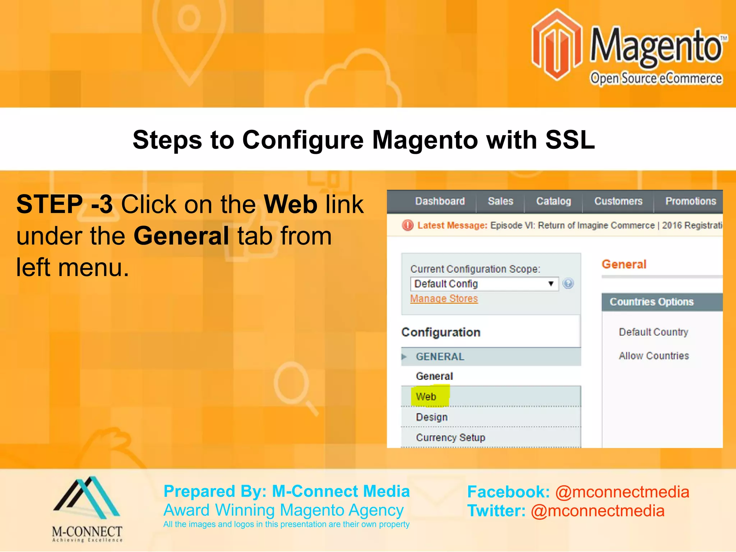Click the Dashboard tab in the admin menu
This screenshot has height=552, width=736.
click(x=440, y=201)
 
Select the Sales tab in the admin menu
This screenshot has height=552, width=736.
click(x=500, y=201)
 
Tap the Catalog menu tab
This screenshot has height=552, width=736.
click(x=553, y=201)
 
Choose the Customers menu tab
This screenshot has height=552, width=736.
click(x=618, y=201)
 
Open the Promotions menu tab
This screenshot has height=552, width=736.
click(x=690, y=201)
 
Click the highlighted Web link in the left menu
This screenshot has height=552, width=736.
click(x=426, y=397)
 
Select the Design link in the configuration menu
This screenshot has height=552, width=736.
click(x=432, y=417)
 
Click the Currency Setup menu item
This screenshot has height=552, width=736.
click(x=450, y=438)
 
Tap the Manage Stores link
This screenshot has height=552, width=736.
click(x=444, y=299)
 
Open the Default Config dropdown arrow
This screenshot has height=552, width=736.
click(x=551, y=284)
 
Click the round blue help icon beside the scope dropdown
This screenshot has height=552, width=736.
click(x=568, y=284)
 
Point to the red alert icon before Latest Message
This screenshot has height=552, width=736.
click(x=408, y=225)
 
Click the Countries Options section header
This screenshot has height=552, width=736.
click(x=651, y=302)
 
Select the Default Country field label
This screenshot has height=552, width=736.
click(x=653, y=332)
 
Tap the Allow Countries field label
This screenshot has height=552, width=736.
click(x=654, y=356)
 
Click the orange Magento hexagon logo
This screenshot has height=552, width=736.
click(x=556, y=45)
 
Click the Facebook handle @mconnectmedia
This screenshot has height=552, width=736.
click(x=622, y=492)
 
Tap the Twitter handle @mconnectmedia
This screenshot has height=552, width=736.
click(x=598, y=511)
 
